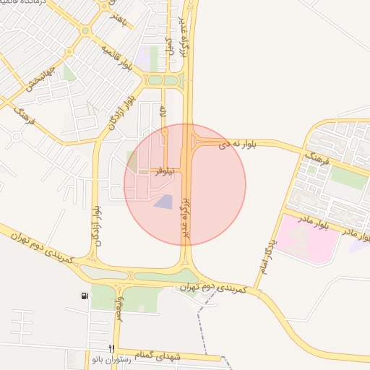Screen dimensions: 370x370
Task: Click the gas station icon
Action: (x=86, y=296)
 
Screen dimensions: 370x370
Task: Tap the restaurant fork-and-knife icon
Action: (x=111, y=348)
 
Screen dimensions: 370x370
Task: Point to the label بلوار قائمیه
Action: (x=119, y=59)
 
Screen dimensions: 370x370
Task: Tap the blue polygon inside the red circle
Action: (x=164, y=202)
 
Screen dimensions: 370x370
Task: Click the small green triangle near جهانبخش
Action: (x=69, y=72)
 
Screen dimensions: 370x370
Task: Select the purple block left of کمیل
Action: (x=152, y=56)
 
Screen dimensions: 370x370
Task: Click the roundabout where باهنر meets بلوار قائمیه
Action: (x=87, y=31)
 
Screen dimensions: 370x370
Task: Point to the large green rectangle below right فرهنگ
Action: (x=349, y=177)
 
